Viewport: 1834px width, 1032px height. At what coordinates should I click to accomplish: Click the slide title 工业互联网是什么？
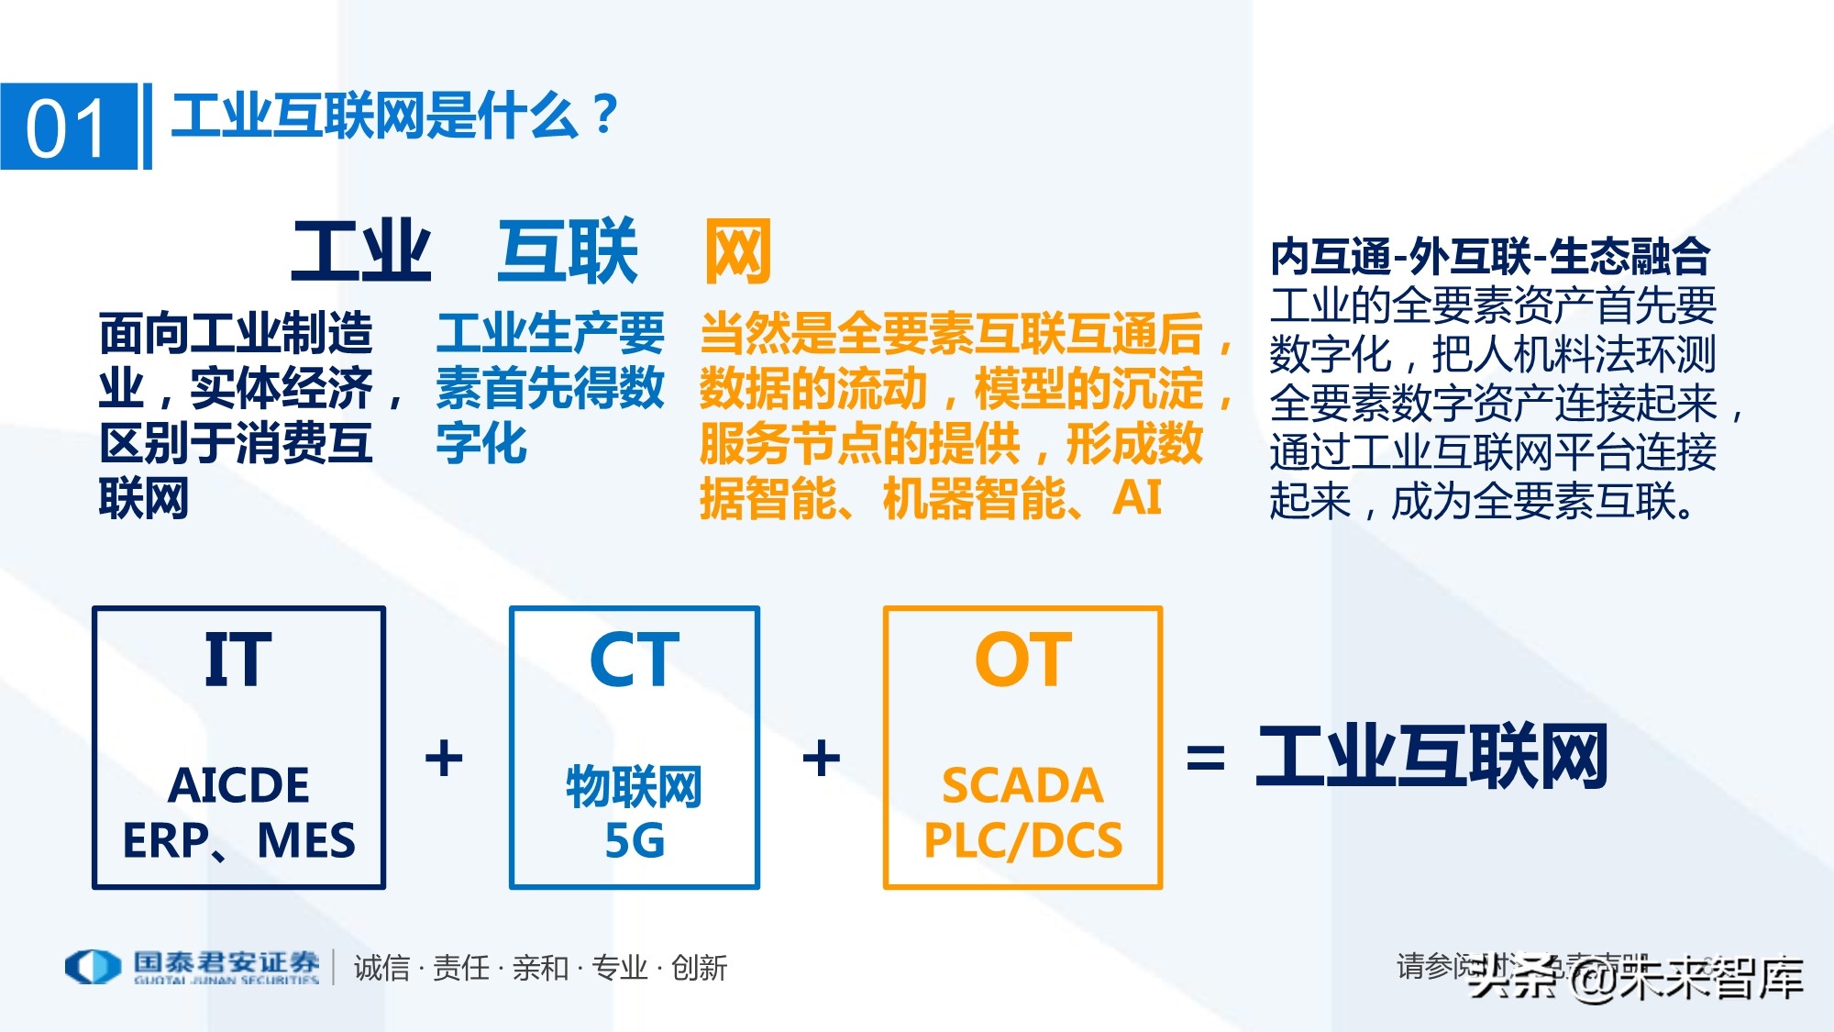click(394, 117)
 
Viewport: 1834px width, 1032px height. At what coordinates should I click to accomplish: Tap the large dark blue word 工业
click(360, 251)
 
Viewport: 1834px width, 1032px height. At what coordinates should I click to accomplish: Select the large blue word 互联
click(567, 251)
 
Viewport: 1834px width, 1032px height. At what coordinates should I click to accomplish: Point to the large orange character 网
click(737, 251)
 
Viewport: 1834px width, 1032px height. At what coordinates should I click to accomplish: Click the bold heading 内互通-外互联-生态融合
click(1489, 256)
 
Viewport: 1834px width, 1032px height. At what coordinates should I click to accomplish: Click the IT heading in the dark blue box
click(238, 660)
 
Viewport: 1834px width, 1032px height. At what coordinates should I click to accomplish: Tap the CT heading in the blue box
click(634, 660)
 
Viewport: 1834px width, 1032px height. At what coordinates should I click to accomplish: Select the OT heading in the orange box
click(1022, 660)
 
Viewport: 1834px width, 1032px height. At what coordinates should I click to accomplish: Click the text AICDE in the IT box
click(238, 785)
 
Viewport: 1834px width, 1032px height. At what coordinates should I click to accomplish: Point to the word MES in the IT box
click(305, 840)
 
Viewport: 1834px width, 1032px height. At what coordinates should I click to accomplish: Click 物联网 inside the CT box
click(634, 786)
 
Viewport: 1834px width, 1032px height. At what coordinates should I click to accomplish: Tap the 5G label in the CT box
click(634, 840)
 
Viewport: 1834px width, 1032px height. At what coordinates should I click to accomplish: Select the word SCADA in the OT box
click(1022, 785)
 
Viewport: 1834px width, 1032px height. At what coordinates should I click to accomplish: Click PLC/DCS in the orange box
click(1022, 840)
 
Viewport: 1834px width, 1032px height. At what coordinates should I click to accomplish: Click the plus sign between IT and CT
click(444, 759)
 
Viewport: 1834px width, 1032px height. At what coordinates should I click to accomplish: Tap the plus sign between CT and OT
click(821, 759)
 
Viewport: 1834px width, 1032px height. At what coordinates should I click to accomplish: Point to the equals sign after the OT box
click(1205, 759)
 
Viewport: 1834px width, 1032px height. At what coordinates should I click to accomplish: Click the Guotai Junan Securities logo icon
click(92, 966)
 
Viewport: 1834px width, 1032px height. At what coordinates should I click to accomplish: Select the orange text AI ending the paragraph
click(1137, 498)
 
